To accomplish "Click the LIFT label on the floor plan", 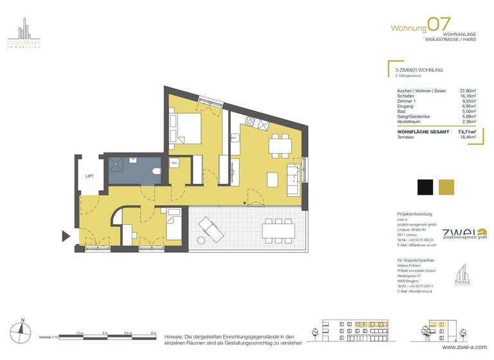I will [x=90, y=175].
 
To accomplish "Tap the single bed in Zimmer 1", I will [x=173, y=226].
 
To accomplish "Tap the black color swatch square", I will [x=425, y=186].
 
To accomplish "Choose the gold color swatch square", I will [x=446, y=186].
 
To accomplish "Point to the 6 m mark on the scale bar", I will [x=153, y=333].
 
